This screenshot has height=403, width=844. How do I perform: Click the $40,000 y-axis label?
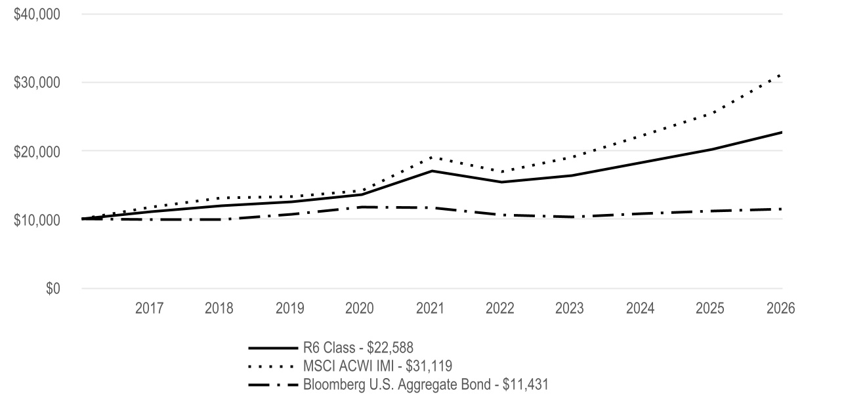[37, 14]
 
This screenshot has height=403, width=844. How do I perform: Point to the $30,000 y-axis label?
[37, 83]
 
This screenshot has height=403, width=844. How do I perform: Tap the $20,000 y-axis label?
[37, 152]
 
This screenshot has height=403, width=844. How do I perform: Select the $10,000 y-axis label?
[37, 220]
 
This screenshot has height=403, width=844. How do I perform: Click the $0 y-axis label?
[53, 288]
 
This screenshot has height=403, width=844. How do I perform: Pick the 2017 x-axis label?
[149, 308]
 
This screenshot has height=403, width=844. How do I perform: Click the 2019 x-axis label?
[289, 308]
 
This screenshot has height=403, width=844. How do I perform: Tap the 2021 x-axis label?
[431, 308]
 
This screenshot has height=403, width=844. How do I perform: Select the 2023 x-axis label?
[569, 308]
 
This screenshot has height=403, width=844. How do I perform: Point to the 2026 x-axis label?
[781, 308]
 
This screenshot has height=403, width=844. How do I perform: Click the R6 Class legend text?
[358, 348]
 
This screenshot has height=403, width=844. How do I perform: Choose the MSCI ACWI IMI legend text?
[377, 366]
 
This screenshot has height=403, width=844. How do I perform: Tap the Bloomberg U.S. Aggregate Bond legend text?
[426, 385]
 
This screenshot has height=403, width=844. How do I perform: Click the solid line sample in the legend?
[273, 348]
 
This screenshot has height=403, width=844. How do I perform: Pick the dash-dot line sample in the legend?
[273, 385]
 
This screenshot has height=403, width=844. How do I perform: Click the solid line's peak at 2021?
[432, 171]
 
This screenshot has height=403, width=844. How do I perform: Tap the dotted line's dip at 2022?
[501, 172]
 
